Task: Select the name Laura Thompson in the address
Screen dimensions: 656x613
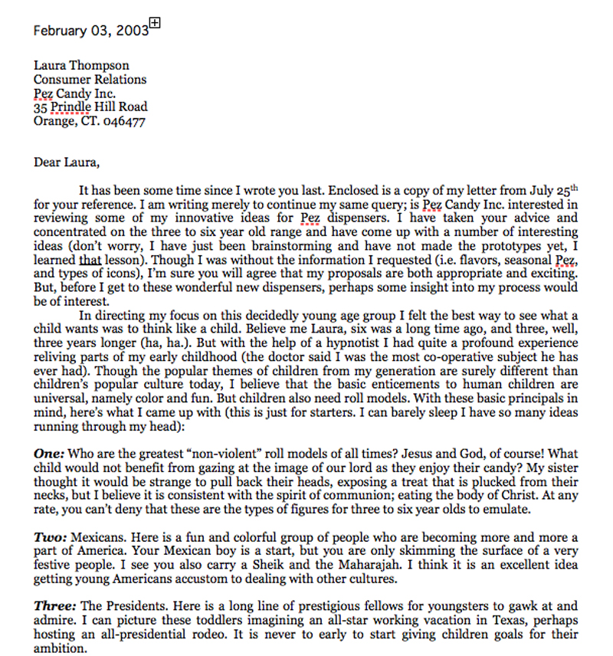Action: click(x=81, y=66)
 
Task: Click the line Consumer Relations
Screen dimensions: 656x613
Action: click(x=90, y=80)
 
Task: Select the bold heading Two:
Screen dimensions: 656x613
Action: click(x=50, y=537)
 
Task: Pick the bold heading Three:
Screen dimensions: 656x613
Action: click(x=54, y=607)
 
